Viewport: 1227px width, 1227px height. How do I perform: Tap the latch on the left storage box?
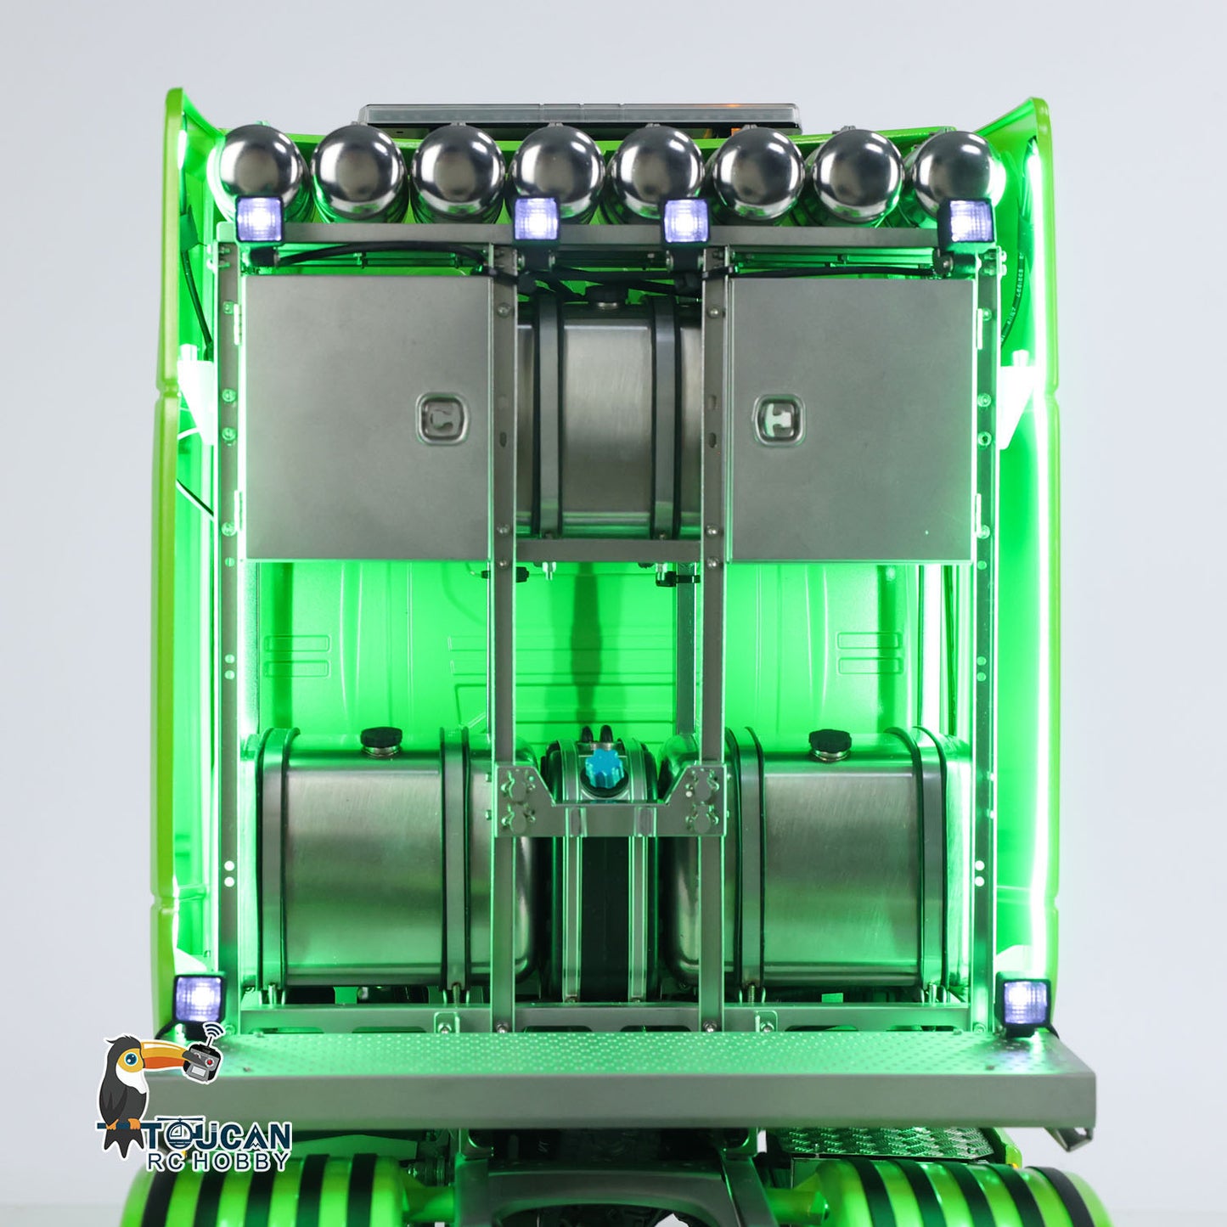point(443,419)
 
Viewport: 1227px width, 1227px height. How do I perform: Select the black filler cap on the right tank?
point(830,741)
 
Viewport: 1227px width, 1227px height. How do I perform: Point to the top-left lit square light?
point(259,219)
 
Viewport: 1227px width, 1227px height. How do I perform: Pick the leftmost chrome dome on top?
point(261,166)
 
